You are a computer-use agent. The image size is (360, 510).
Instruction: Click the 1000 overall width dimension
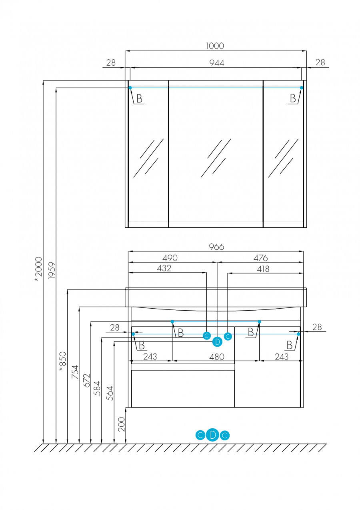[x=215, y=46]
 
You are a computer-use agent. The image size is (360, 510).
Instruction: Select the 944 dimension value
[x=216, y=62]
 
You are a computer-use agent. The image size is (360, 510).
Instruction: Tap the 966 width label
[x=216, y=247]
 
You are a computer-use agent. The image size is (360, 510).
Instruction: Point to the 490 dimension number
[x=170, y=258]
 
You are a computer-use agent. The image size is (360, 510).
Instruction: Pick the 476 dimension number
[x=260, y=258]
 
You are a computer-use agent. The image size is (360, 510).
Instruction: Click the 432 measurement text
[x=164, y=268]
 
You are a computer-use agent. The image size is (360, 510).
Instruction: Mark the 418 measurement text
[x=263, y=269]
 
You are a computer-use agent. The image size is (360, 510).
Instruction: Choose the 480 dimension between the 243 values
[x=217, y=356]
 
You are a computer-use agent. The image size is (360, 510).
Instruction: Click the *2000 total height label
[x=38, y=269]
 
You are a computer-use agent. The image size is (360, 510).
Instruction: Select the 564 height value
[x=110, y=393]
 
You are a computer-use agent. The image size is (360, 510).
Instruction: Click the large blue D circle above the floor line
[x=213, y=435]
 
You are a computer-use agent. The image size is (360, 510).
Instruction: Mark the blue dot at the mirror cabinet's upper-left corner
[x=130, y=87]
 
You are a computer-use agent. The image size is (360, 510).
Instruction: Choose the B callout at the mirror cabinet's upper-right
[x=294, y=98]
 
